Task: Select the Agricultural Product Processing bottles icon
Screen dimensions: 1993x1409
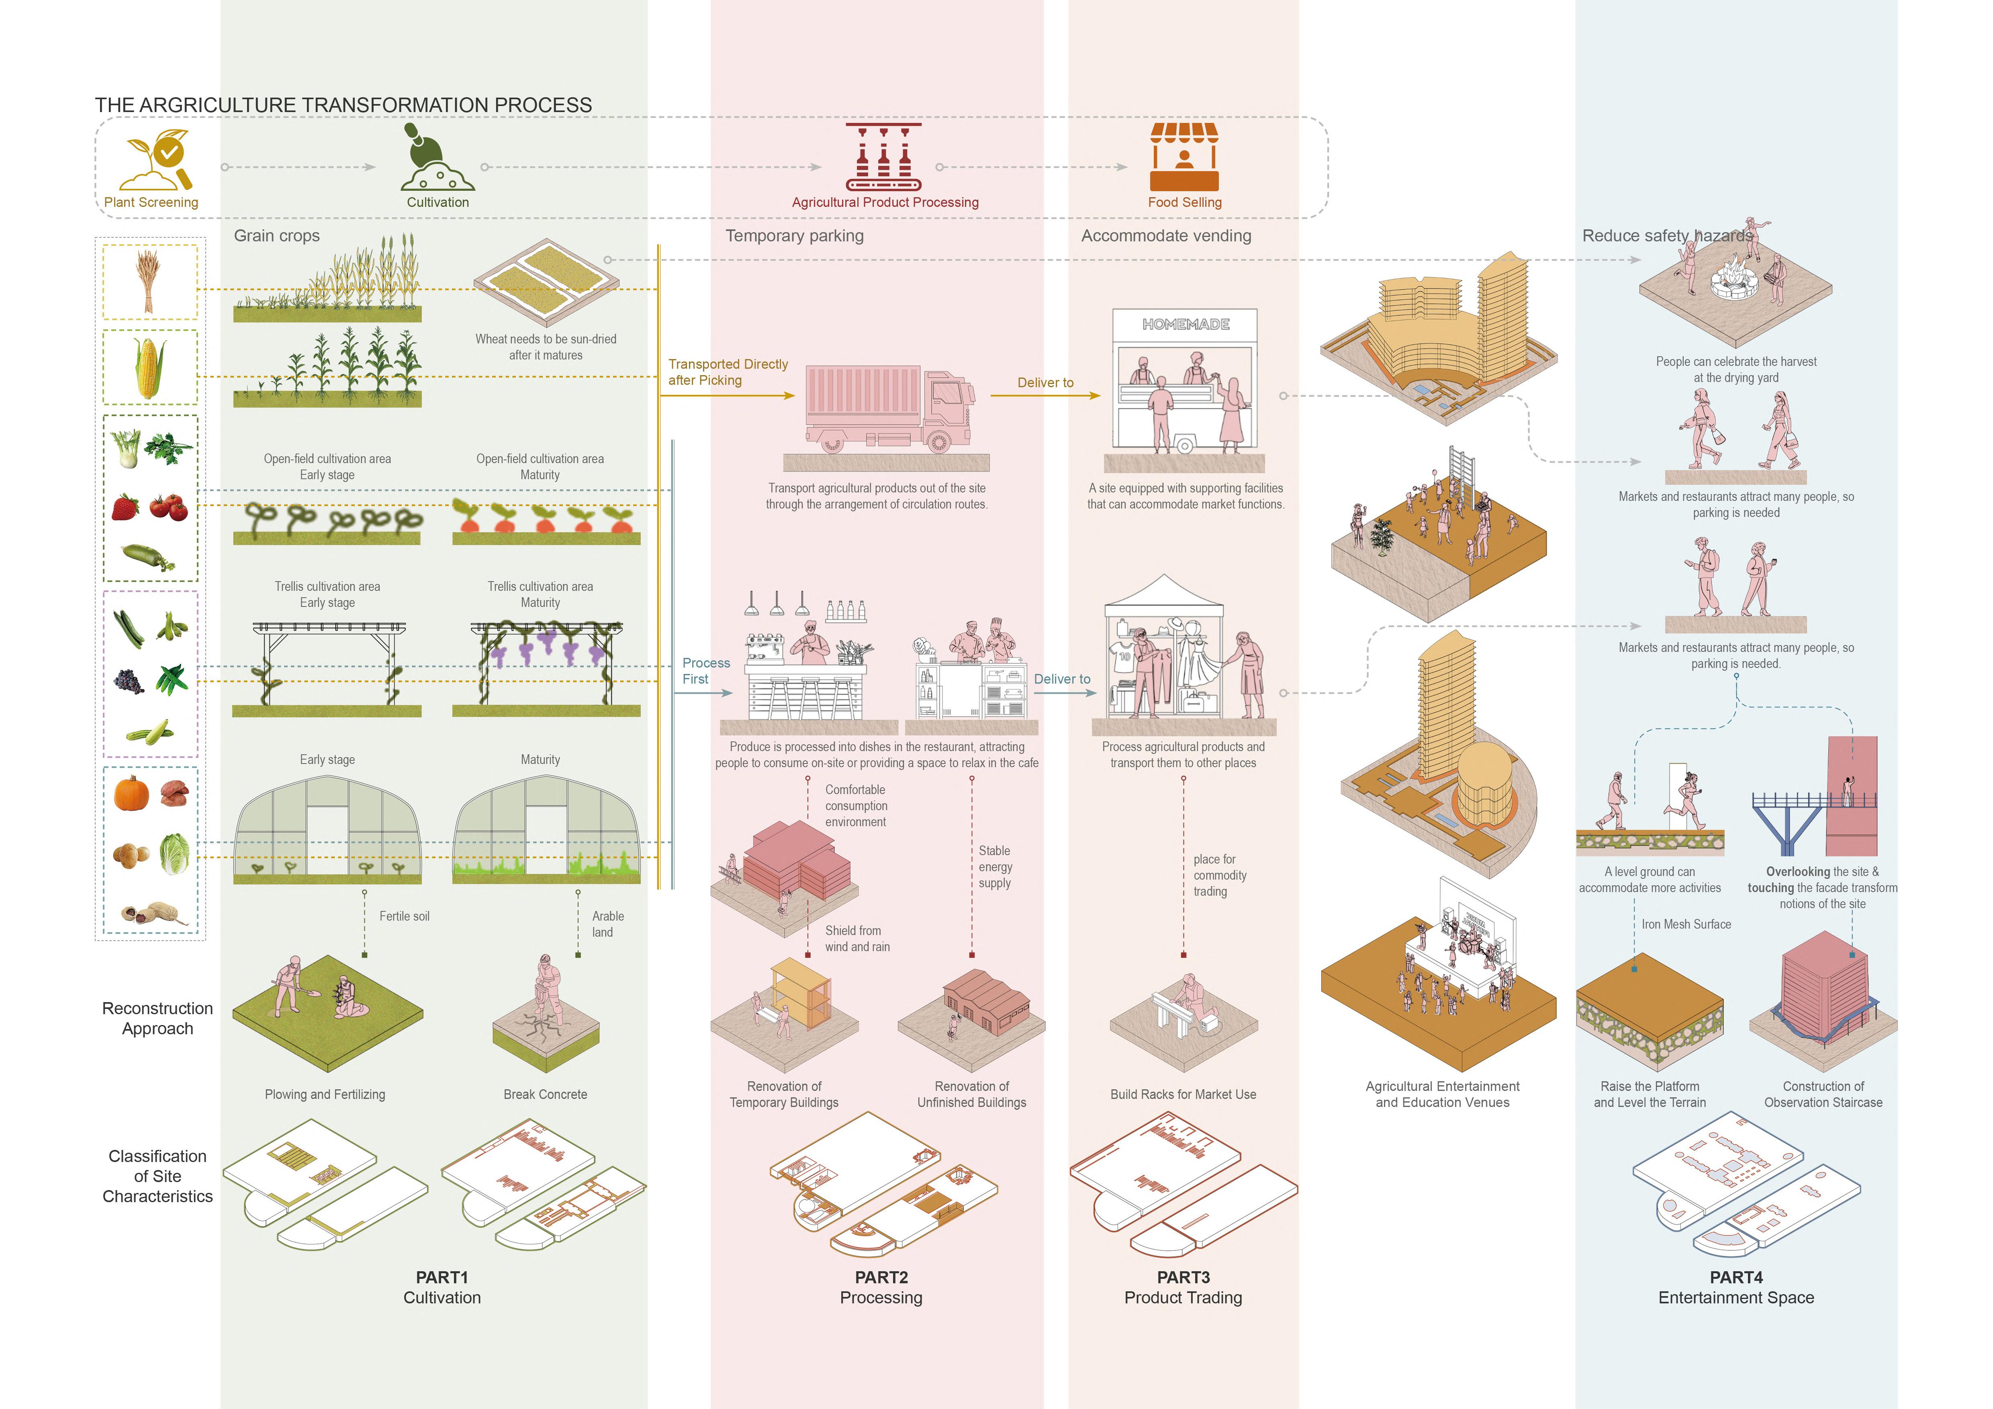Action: tap(884, 157)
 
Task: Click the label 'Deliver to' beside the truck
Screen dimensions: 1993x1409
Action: tap(1045, 383)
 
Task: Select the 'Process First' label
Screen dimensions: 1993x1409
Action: tap(706, 671)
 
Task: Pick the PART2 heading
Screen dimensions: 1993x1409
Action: tap(881, 1277)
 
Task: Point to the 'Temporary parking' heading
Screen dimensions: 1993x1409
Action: tap(794, 236)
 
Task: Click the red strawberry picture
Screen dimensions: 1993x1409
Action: tap(126, 506)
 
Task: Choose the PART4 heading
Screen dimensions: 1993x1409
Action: tap(1736, 1277)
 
